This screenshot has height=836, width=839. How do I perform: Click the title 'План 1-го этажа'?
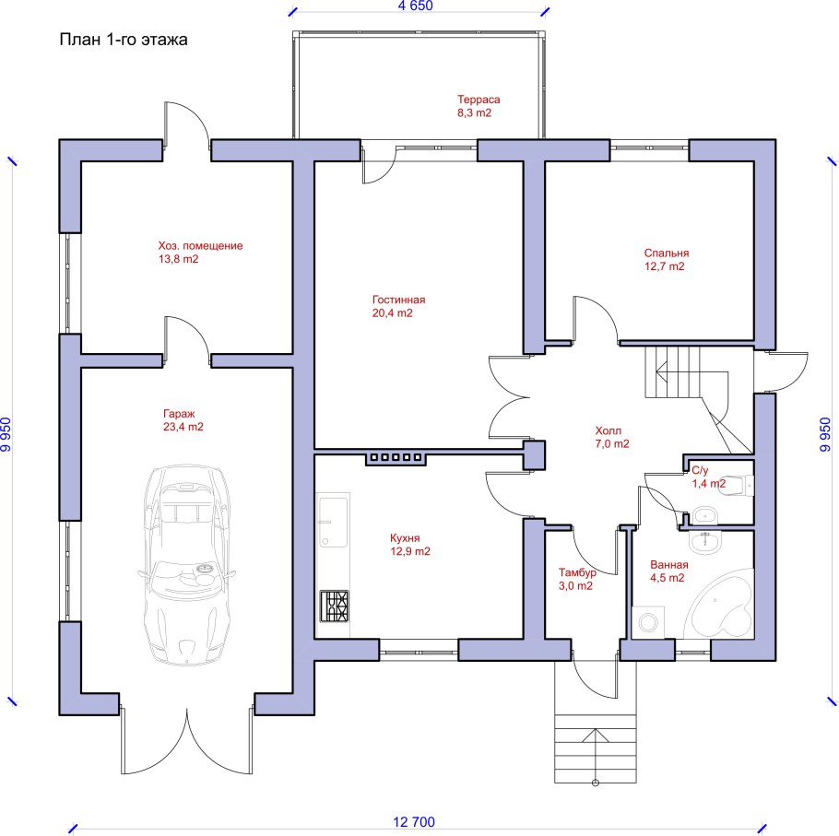(123, 41)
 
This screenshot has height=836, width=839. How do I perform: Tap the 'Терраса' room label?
(479, 100)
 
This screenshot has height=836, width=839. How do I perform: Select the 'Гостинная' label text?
(398, 300)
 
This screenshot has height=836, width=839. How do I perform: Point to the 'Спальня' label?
(667, 253)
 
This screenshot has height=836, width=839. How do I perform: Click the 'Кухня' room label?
(405, 538)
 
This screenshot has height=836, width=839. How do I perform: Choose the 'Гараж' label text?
(179, 414)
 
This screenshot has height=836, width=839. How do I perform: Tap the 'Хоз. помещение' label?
(200, 246)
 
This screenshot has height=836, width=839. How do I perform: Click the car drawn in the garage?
(187, 565)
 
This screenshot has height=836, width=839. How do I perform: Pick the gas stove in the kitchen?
(335, 606)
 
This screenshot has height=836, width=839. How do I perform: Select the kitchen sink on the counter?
(333, 522)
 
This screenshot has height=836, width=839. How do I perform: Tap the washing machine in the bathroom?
(648, 622)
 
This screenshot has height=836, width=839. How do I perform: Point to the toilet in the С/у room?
(738, 486)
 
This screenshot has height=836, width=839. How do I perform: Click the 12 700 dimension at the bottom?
(414, 822)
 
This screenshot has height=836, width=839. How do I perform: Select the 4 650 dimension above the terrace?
(415, 6)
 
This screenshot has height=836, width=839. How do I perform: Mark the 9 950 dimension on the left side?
(6, 434)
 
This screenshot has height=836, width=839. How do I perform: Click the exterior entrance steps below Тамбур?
(596, 748)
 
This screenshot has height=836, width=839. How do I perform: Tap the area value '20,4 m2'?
(392, 313)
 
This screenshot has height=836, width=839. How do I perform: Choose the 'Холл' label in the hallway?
(609, 430)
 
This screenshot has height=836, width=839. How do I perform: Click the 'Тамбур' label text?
(577, 572)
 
